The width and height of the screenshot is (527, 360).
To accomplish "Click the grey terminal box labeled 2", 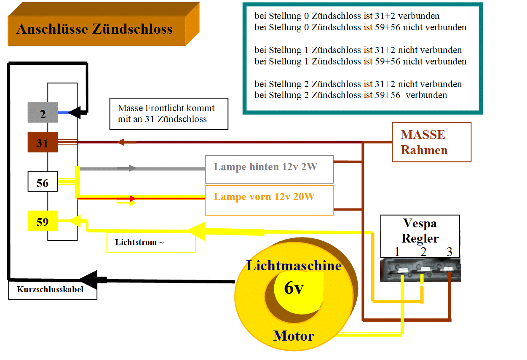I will click(x=43, y=113).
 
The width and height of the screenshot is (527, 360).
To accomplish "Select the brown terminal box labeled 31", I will click(x=43, y=142).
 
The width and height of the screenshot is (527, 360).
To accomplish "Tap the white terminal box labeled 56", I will click(x=43, y=182).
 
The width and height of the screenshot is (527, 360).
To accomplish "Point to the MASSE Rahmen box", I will click(x=431, y=142).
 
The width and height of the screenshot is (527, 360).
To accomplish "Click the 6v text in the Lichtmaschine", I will click(x=294, y=288).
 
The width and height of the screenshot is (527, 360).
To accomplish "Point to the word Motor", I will click(x=294, y=336).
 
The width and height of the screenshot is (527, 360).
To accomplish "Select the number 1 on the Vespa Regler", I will click(x=397, y=252).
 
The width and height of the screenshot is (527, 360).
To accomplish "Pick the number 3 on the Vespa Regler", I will click(x=449, y=252).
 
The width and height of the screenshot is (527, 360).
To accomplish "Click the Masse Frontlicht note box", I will click(x=169, y=114).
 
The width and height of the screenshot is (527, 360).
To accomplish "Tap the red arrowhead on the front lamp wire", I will click(x=132, y=199).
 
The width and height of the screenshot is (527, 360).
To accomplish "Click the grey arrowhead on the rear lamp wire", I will click(x=132, y=168).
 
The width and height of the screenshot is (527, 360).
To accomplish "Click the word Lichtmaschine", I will click(x=294, y=266).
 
